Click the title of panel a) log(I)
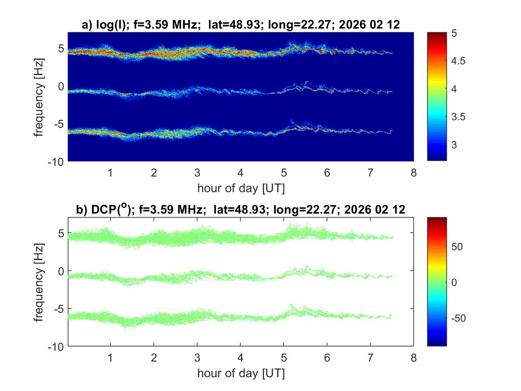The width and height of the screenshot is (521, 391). pyautogui.click(x=241, y=26)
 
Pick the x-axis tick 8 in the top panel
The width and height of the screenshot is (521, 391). pyautogui.click(x=413, y=173)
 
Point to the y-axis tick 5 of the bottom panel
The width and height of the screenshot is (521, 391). pyautogui.click(x=61, y=233)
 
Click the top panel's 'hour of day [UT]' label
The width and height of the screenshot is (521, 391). pyautogui.click(x=241, y=188)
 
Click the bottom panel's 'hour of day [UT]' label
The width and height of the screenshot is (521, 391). pyautogui.click(x=241, y=373)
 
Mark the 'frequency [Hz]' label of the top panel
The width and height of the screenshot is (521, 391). pyautogui.click(x=39, y=97)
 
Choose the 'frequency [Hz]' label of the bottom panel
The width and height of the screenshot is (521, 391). pyautogui.click(x=39, y=282)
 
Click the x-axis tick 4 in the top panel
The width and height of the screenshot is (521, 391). pyautogui.click(x=241, y=173)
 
